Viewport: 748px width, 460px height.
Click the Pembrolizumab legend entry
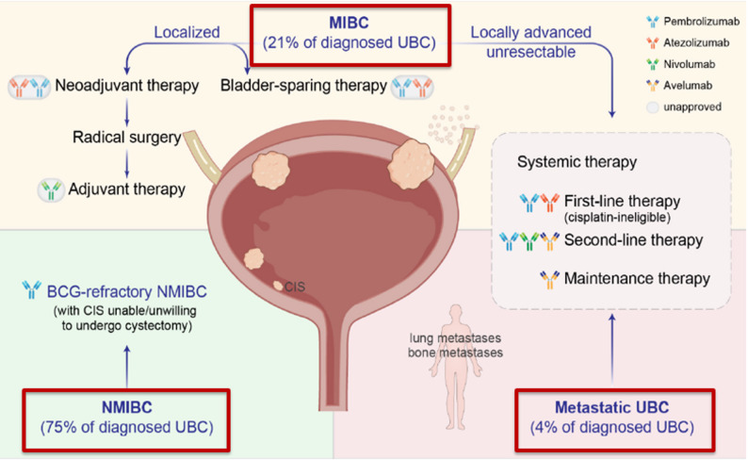coord(692,22)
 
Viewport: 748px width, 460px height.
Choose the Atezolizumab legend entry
coord(688,43)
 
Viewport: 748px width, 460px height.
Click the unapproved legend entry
coord(684,107)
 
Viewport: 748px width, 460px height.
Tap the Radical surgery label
coord(127,138)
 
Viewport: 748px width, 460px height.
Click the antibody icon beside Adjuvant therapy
coord(51,189)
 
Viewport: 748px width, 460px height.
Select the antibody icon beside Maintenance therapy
coord(549,280)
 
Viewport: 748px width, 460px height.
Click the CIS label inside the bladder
coord(295,287)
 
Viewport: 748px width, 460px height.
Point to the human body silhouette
coord(456,367)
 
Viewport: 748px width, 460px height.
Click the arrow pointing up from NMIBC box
coord(127,367)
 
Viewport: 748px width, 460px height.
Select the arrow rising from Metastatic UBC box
coord(612,350)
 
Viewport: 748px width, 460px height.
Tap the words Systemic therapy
coord(577,162)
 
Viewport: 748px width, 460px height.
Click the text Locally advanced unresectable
coord(531,42)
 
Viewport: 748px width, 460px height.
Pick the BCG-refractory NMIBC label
coord(127,291)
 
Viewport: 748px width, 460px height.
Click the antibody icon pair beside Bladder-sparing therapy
coord(412,87)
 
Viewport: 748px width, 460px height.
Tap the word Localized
coord(187,32)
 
